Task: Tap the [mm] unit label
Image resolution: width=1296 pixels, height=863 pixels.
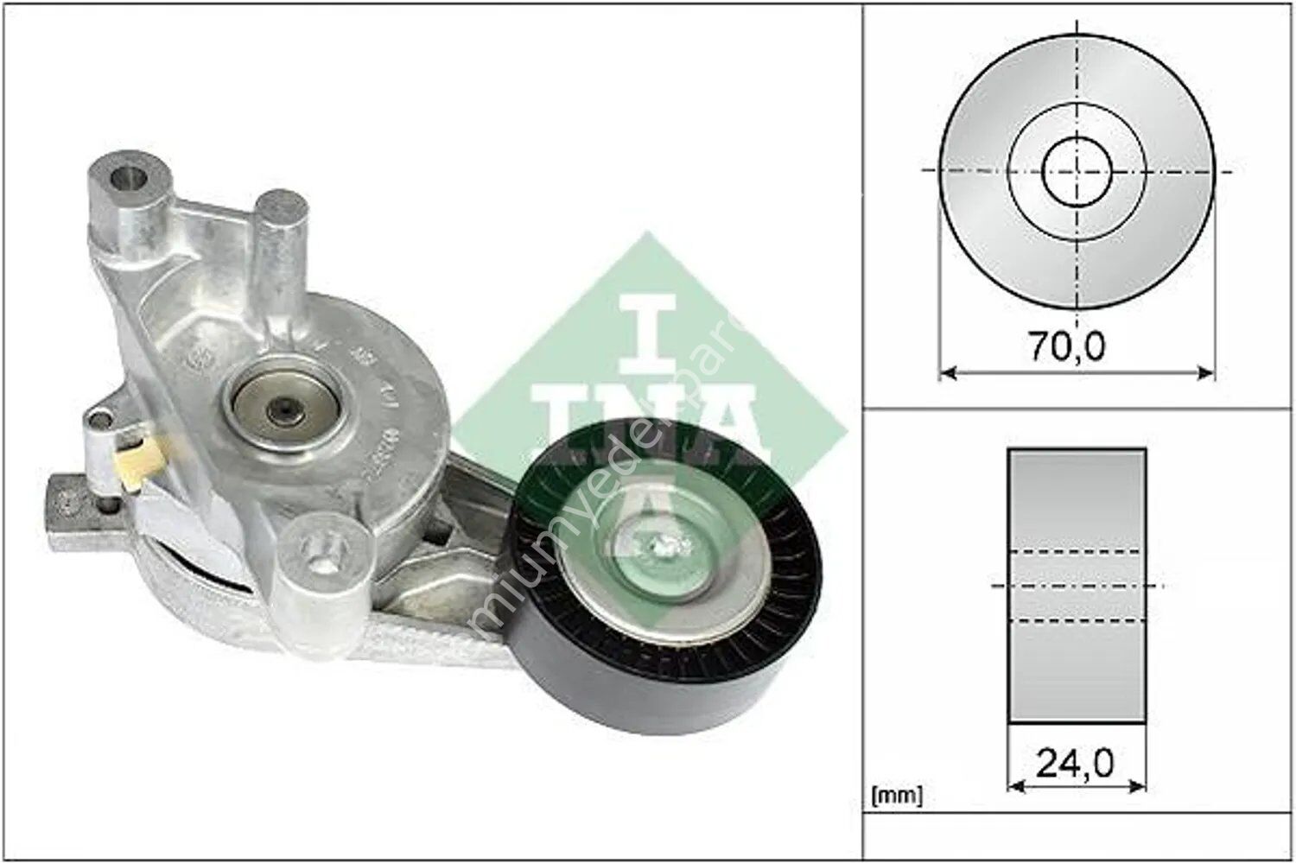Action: pos(898,794)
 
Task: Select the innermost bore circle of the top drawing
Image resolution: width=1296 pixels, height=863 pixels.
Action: pos(1077,170)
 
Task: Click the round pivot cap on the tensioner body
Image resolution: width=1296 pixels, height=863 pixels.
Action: pos(285,404)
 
